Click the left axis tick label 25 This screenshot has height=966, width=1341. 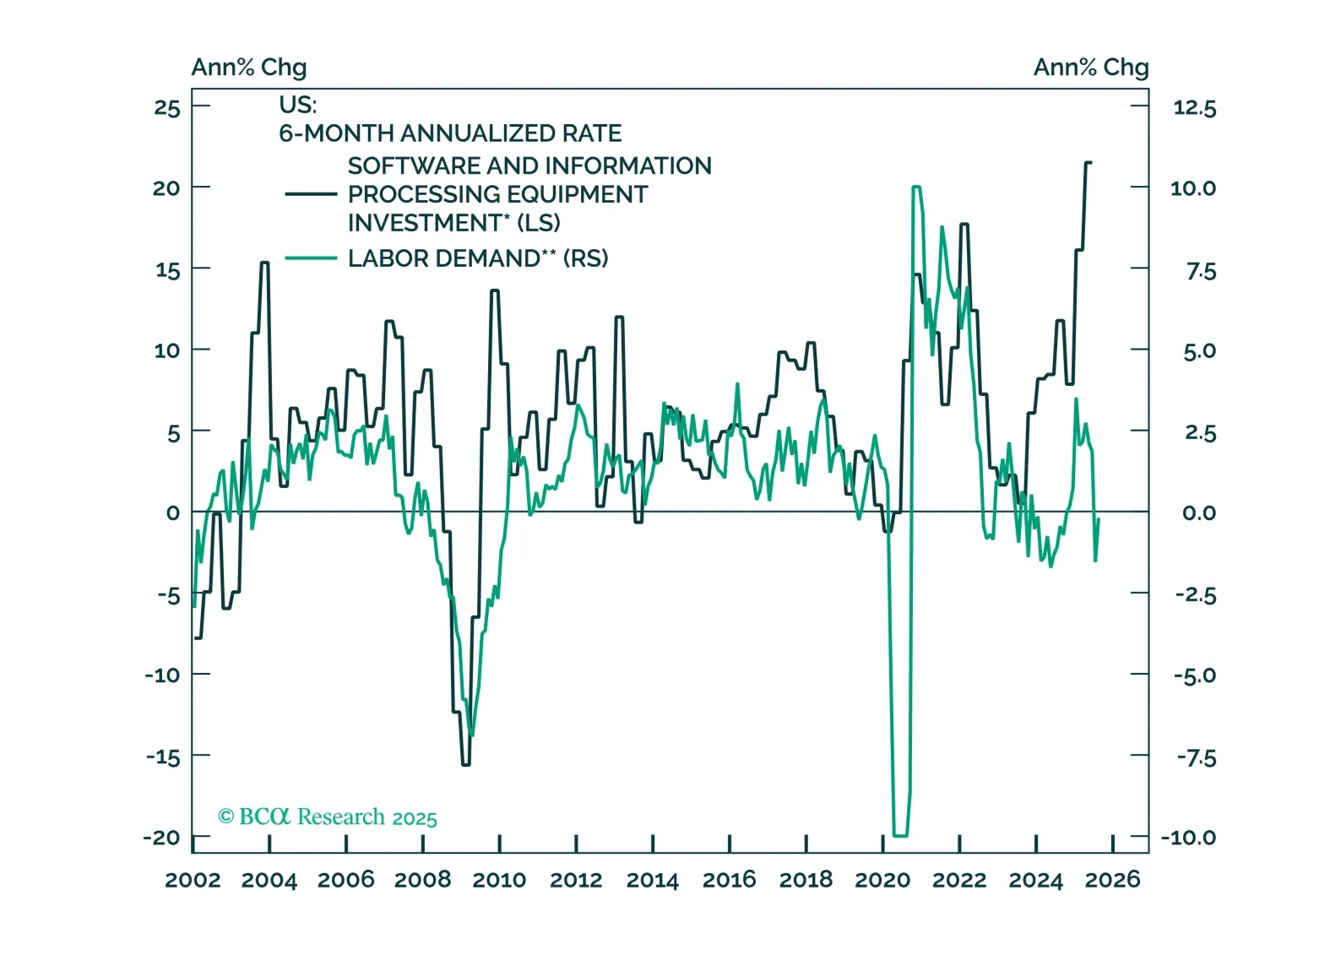tap(167, 108)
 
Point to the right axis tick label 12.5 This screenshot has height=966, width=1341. tap(1194, 108)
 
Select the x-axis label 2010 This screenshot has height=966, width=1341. tap(499, 880)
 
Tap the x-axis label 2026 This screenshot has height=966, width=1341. tap(1112, 880)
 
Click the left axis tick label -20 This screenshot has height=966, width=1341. tap(162, 838)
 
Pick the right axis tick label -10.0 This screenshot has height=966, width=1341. tap(1188, 838)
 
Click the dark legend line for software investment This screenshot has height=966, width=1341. tap(311, 194)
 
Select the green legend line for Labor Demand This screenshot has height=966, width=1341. tap(311, 258)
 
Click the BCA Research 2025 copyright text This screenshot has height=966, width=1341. tap(328, 817)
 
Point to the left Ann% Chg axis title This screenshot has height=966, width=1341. tap(249, 68)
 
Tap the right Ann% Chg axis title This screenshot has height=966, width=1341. tap(1091, 68)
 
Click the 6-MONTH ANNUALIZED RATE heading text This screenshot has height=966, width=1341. tap(450, 133)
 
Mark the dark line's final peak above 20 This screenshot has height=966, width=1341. tap(1088, 162)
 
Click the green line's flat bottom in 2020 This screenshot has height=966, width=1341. tap(899, 835)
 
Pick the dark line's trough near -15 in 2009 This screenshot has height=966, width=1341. tap(466, 764)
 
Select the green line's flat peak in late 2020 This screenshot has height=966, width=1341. tap(916, 187)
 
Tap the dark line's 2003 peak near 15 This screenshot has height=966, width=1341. tap(264, 263)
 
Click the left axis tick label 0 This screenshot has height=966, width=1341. tap(173, 513)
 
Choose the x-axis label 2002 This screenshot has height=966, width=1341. tap(193, 880)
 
